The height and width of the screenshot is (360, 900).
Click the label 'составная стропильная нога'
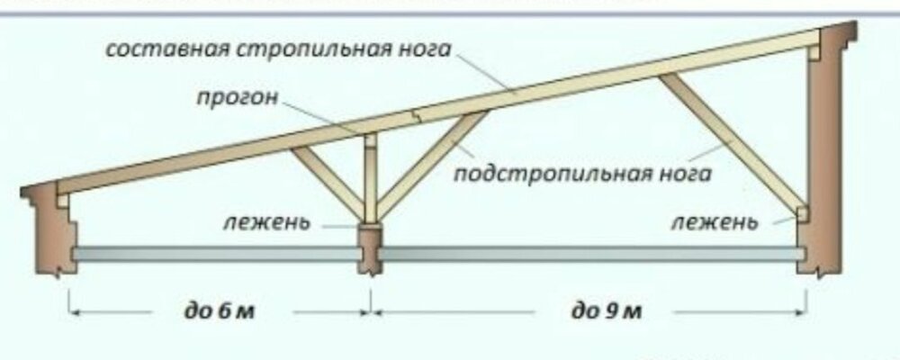click(x=278, y=50)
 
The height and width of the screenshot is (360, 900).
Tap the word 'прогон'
click(x=238, y=97)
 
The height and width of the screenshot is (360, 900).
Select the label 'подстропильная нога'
click(x=582, y=173)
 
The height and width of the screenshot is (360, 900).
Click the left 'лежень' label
click(x=267, y=221)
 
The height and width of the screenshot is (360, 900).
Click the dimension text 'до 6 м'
click(x=220, y=312)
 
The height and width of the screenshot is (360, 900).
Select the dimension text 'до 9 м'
click(x=606, y=312)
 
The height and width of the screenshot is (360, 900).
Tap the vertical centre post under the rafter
click(x=371, y=178)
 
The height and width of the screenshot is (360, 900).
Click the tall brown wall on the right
click(x=826, y=149)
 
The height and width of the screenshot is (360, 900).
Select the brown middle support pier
click(x=370, y=248)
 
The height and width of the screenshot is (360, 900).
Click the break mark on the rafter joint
click(x=418, y=115)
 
